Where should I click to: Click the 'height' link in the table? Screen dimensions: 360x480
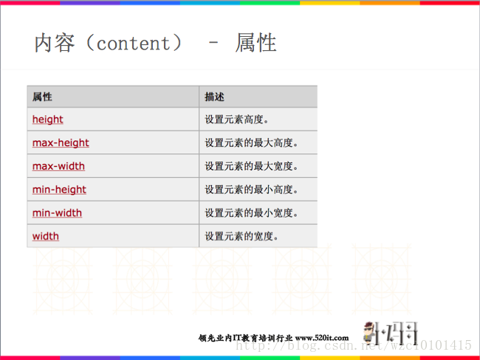pos(47,120)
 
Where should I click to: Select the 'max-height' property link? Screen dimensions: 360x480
pos(61,142)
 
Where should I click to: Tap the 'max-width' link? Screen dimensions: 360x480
pos(58,166)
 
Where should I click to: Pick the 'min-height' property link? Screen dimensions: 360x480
pos(59,190)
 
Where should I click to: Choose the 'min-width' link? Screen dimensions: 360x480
pos(57,213)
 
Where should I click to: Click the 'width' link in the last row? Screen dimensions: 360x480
pos(45,237)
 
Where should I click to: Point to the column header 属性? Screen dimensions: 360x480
pos(42,97)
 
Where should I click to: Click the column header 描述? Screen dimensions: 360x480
pos(214,97)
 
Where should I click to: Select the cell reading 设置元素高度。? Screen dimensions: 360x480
pos(237,120)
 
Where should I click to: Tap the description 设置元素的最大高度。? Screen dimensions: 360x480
pos(251,142)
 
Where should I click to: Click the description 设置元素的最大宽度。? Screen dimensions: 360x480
pos(251,166)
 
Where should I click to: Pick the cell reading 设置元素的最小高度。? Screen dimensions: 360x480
pos(251,190)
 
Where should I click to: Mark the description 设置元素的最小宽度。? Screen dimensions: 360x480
pos(251,213)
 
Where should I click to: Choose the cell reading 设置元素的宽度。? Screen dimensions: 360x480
pos(241,237)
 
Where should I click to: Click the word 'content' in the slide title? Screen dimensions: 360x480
pos(133,43)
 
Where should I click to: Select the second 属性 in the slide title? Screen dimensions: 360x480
pos(256,43)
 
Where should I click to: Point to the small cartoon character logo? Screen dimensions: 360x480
pos(372,333)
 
